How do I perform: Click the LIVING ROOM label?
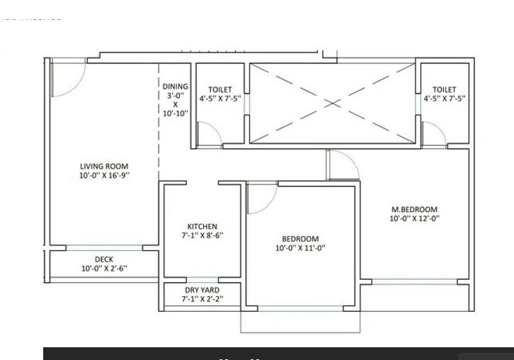104,167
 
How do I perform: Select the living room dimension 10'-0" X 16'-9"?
104,175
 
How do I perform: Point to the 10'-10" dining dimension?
176,113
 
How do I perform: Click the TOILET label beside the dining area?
220,90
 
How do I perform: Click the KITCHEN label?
202,227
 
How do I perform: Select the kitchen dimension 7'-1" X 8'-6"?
202,235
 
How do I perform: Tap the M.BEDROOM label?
415,210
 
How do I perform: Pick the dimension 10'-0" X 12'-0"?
415,219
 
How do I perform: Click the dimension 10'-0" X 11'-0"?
300,248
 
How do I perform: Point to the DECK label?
104,259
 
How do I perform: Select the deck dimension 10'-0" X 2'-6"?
104,269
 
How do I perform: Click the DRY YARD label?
202,291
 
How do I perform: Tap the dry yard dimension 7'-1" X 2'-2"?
202,300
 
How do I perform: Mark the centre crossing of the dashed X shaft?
332,102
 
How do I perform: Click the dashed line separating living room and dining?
159,142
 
